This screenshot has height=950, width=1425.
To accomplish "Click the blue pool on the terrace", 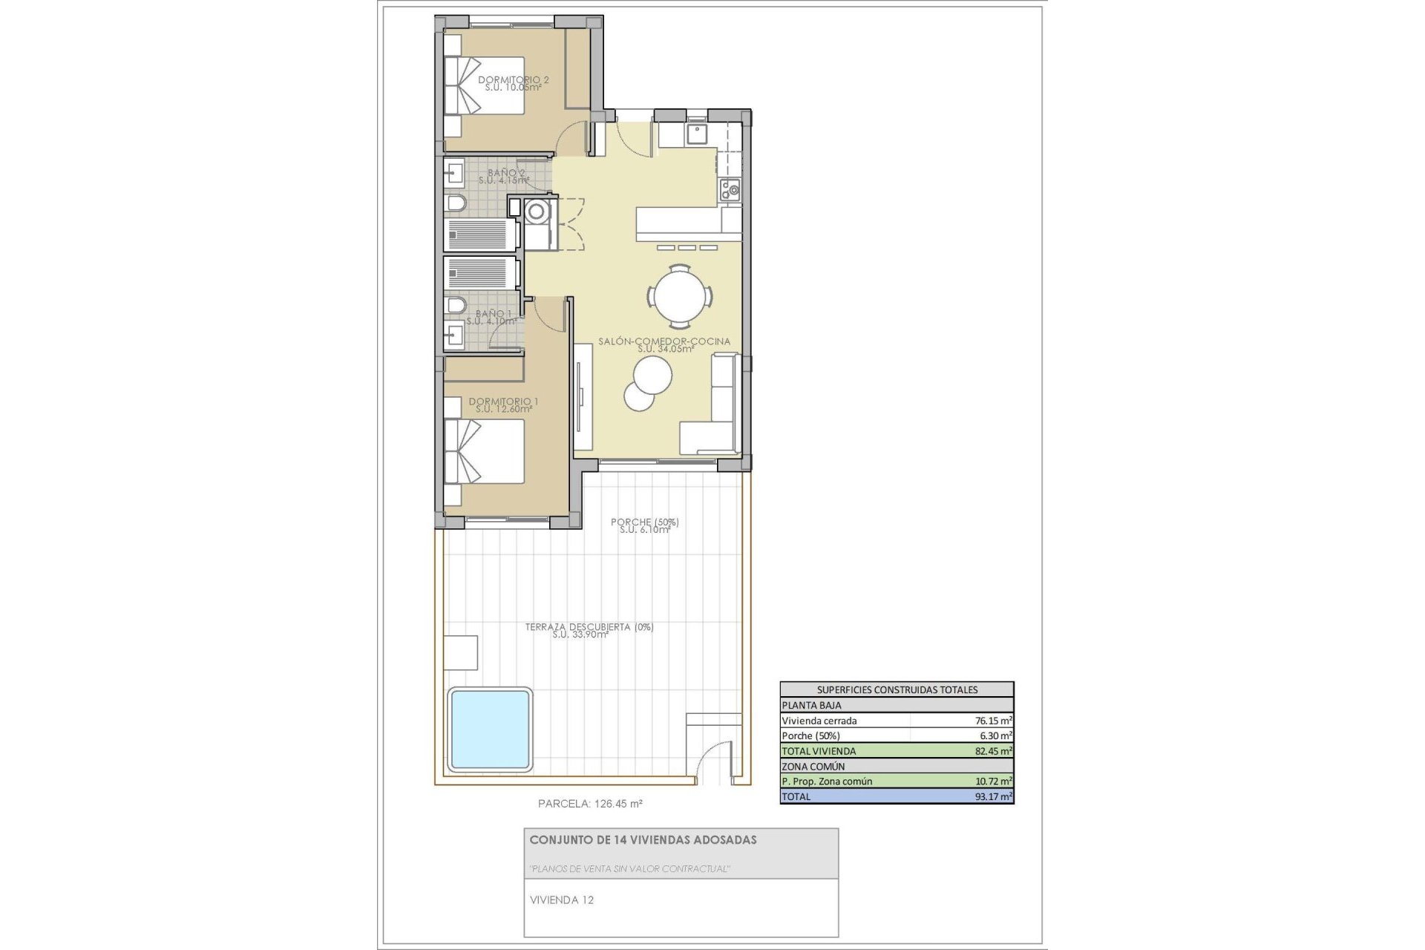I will coord(490,727).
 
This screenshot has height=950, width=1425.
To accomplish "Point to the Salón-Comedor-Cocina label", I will coord(664,342).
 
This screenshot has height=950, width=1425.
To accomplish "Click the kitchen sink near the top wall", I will coord(696,134).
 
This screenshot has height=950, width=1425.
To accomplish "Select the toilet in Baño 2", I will coord(456,203).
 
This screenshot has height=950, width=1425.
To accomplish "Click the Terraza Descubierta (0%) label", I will coord(589,628).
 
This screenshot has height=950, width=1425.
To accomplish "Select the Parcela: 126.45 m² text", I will coord(589,803).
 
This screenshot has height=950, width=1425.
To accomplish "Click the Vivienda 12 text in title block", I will coord(561,900).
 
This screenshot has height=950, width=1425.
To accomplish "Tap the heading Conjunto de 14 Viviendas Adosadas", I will coord(643,840).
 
